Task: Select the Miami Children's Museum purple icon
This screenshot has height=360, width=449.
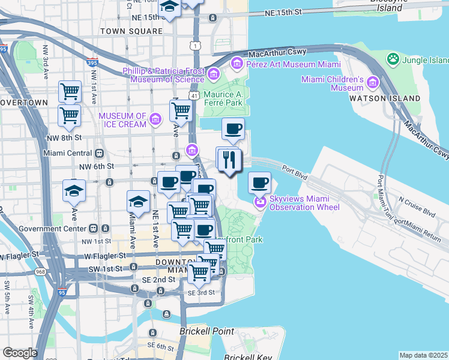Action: (372, 83)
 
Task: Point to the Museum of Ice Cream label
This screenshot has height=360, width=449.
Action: (122, 120)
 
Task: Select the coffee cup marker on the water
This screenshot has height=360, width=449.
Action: (259, 182)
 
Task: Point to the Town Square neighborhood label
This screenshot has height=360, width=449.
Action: (131, 31)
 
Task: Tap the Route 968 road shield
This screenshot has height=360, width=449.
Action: (40, 272)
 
